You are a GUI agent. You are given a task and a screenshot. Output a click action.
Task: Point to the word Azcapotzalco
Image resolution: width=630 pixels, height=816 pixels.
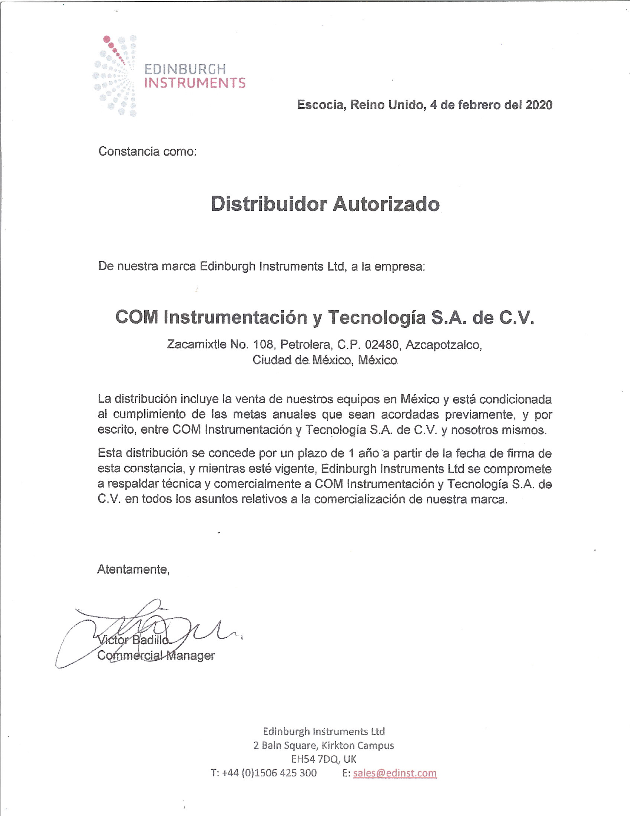coord(443,344)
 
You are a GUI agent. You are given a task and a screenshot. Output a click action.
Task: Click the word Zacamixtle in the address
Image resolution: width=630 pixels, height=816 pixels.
coord(196,344)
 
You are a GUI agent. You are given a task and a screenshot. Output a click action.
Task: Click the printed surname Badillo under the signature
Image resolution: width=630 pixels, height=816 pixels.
coord(150,640)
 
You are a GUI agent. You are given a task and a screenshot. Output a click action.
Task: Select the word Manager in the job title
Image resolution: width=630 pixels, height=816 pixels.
coord(190,655)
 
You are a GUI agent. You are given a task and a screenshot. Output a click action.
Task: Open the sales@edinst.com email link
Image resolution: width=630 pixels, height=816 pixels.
coord(395,773)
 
